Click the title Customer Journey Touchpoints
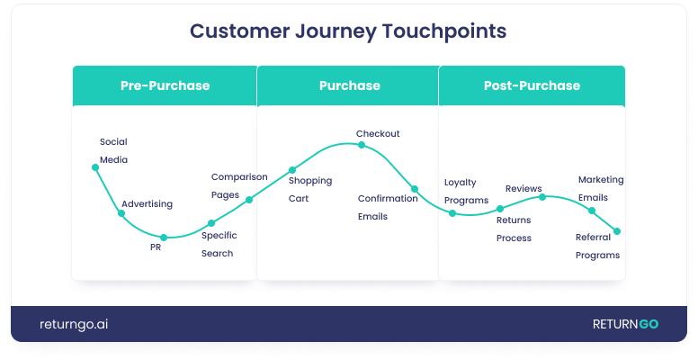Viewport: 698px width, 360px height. click(x=348, y=31)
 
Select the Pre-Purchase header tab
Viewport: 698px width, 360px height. click(x=165, y=85)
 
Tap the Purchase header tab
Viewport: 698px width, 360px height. click(x=349, y=85)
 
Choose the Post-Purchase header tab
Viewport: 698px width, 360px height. click(x=531, y=85)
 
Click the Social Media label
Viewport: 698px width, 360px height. click(x=113, y=150)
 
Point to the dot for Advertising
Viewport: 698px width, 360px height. click(x=121, y=213)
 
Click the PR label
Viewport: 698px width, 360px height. click(x=155, y=247)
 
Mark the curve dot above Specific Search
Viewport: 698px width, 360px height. click(x=211, y=223)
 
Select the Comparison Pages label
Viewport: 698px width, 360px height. click(x=238, y=185)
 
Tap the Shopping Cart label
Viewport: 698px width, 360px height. click(x=309, y=189)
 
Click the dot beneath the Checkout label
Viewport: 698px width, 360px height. click(x=361, y=144)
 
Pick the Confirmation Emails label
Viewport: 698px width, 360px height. click(x=388, y=207)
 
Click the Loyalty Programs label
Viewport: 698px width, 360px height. click(x=466, y=191)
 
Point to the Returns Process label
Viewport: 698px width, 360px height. click(x=514, y=229)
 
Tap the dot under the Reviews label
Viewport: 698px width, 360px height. click(x=541, y=196)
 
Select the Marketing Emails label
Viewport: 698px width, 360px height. click(x=600, y=188)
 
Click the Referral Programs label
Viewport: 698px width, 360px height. click(x=597, y=246)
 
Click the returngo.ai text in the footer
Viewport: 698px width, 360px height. click(x=75, y=324)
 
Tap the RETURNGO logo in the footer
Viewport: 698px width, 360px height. click(x=624, y=324)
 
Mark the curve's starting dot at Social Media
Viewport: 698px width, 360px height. click(x=94, y=166)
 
